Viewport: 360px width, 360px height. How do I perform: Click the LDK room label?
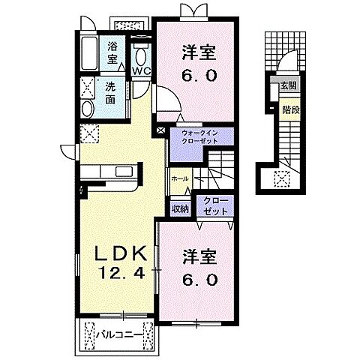point(120,254)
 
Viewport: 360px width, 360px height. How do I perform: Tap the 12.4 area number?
point(122,273)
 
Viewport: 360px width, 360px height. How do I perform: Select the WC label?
point(142,71)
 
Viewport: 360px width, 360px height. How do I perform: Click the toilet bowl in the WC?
point(142,57)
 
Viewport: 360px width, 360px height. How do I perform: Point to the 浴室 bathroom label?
point(112,53)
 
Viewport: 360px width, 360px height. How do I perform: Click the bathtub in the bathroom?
point(89,54)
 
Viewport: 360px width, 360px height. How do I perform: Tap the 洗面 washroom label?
point(110,93)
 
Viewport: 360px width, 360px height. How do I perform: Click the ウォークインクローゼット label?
point(199,137)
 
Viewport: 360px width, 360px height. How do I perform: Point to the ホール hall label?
point(180,178)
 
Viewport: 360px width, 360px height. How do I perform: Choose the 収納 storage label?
point(180,209)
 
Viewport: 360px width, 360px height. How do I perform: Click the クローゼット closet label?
point(215,206)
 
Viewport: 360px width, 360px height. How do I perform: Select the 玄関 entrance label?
point(288,85)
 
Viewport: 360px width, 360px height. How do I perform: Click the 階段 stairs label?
point(291,109)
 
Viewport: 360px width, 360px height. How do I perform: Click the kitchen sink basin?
point(124,172)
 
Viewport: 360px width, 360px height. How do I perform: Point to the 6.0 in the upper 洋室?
point(199,75)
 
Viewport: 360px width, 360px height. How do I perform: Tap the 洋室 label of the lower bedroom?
point(199,257)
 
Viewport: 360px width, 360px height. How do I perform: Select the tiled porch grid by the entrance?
point(285,51)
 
